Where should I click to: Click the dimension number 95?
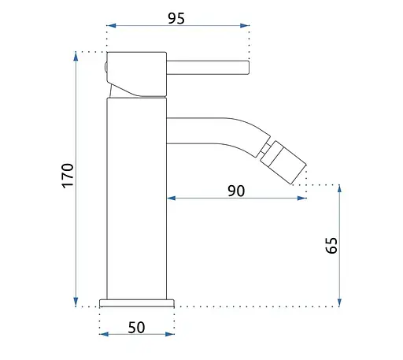[176, 18]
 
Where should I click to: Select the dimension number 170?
[68, 176]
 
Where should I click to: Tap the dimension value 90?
[236, 191]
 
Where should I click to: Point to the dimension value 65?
[331, 245]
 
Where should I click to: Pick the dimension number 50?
[136, 328]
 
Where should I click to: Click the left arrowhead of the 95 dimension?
[111, 25]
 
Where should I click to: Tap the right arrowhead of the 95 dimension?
[245, 25]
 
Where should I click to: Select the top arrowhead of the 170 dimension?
[76, 57]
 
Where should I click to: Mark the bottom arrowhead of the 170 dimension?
[76, 302]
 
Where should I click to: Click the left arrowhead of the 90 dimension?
[172, 198]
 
